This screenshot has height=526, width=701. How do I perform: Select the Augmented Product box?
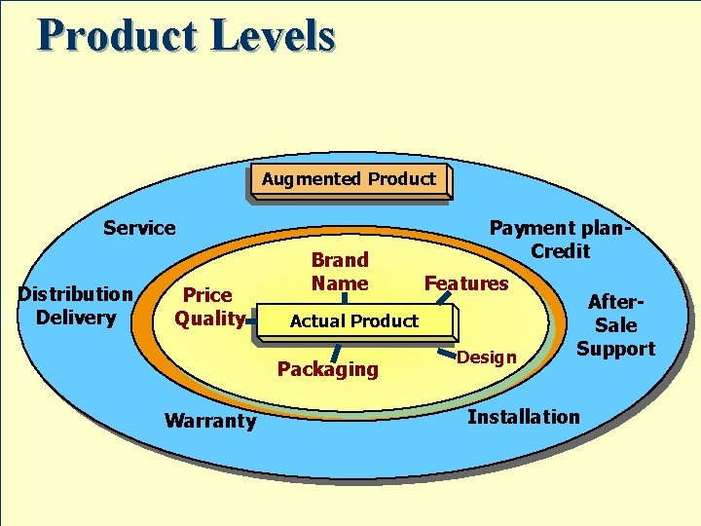click(x=348, y=179)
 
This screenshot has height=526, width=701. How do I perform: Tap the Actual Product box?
click(x=353, y=321)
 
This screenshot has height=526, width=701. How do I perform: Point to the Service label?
click(x=139, y=228)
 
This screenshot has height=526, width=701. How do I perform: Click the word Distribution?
click(x=75, y=294)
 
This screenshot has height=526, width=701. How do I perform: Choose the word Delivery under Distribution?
click(x=75, y=317)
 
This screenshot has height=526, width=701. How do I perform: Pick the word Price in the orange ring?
click(x=207, y=295)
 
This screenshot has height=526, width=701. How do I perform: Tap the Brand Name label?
click(x=340, y=272)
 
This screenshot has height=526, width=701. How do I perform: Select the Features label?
click(x=466, y=283)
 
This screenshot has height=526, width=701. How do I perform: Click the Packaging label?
click(x=327, y=369)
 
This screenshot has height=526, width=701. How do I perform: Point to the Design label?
click(x=487, y=357)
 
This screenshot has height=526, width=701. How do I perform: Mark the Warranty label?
click(x=210, y=421)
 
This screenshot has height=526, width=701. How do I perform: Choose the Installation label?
click(x=523, y=417)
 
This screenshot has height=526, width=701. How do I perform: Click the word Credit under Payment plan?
click(x=561, y=251)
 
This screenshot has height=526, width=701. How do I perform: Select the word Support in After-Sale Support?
click(x=615, y=349)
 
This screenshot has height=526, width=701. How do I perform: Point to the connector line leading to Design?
click(x=446, y=344)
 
